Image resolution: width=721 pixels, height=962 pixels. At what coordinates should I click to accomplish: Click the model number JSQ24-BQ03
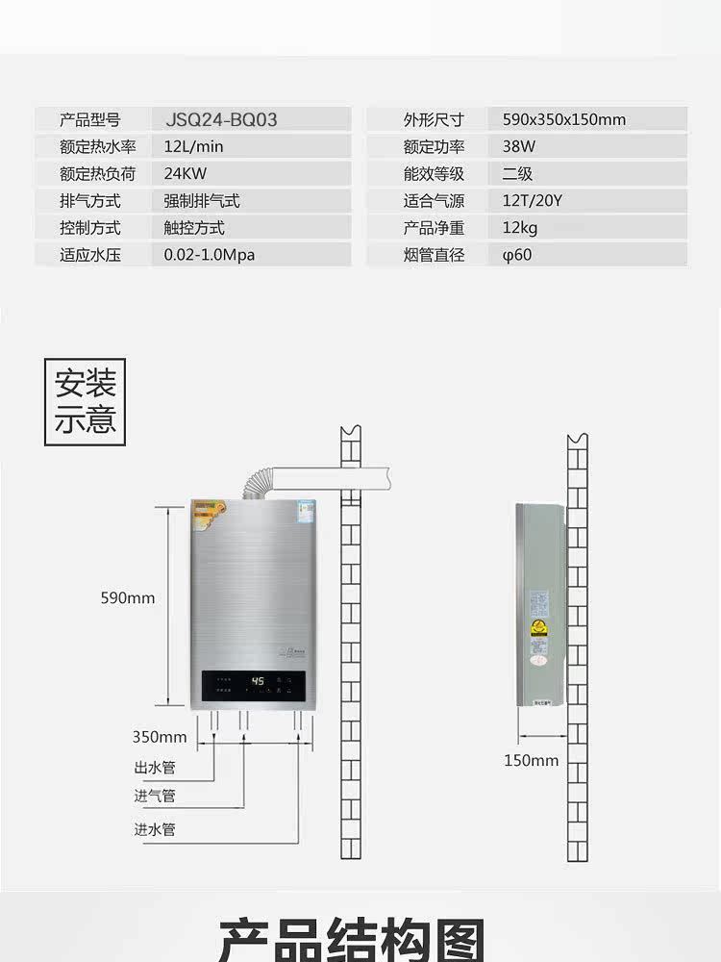[x=220, y=120]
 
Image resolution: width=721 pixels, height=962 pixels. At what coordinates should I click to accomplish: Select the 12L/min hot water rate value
[x=193, y=147]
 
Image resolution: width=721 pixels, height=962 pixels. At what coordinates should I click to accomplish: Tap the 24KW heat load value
[x=186, y=174]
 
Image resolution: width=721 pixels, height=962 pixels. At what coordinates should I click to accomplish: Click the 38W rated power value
[x=518, y=147]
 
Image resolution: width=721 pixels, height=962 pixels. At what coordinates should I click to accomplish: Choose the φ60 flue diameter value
[x=516, y=255]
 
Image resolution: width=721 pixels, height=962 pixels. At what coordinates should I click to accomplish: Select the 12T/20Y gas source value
[x=531, y=201]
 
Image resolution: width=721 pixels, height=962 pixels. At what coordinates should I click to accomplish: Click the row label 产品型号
[x=89, y=120]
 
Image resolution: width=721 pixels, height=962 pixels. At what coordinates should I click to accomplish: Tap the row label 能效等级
[x=434, y=174]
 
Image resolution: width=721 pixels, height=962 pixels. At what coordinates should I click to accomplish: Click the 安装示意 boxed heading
[x=86, y=402]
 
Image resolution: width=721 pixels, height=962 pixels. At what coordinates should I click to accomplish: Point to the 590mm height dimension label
[x=128, y=598]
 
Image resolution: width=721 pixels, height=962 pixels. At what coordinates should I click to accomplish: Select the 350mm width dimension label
[x=160, y=738]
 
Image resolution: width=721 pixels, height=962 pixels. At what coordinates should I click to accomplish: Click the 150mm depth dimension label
[x=531, y=761]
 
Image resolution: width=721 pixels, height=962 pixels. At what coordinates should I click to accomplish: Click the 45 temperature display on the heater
[x=258, y=681]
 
